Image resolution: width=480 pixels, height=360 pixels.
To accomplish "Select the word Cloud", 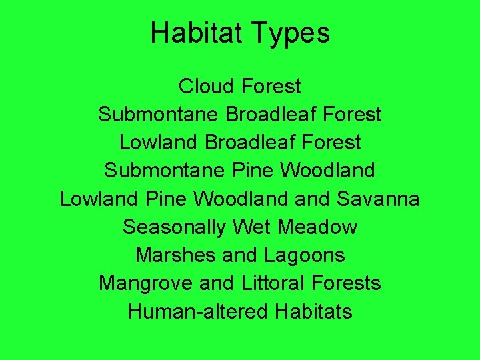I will click(x=207, y=86).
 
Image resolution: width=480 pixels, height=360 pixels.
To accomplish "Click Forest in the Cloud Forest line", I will click(x=271, y=86).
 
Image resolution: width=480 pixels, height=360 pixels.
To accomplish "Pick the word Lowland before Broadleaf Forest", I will click(x=159, y=142).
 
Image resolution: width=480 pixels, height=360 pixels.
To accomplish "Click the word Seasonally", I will click(x=175, y=227).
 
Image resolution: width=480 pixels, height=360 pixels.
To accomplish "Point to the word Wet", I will click(x=252, y=227).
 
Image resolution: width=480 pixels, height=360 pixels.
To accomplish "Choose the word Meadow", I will click(x=317, y=227).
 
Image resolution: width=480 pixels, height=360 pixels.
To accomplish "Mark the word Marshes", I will click(x=173, y=255).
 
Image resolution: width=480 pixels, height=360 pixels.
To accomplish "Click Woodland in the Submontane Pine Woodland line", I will click(x=327, y=170).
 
